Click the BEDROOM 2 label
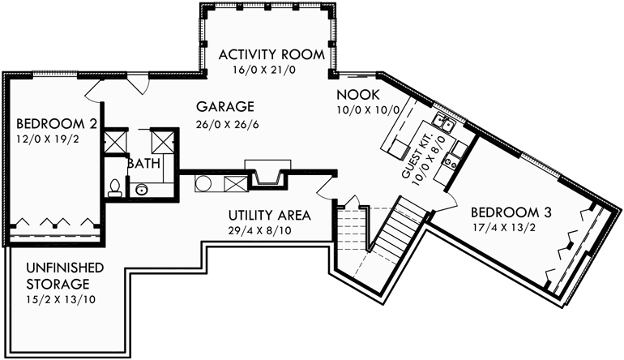[52, 124]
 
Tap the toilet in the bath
[115, 188]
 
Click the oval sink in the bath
[143, 190]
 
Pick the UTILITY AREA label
[269, 216]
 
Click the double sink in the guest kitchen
[443, 124]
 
